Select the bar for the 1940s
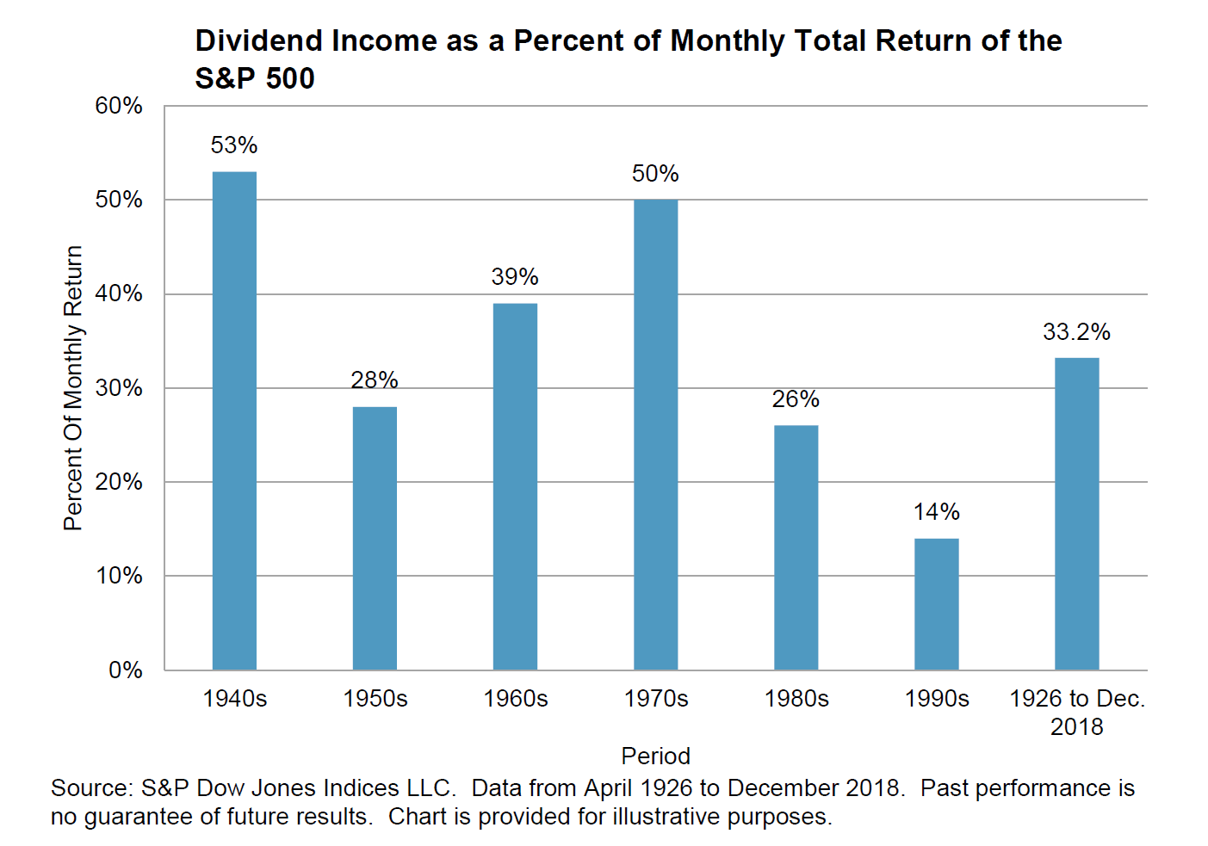point(234,421)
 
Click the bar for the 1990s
point(936,604)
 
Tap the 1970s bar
point(655,435)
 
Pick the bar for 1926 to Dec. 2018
point(1076,514)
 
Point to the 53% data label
point(234,145)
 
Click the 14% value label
point(936,512)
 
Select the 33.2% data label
point(1076,331)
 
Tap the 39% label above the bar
point(515,277)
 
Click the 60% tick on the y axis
point(119,106)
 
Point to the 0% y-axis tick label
point(125,670)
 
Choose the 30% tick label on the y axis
point(119,387)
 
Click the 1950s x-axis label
point(375,699)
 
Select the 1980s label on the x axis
point(796,699)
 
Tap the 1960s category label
point(515,699)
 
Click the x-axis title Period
point(655,756)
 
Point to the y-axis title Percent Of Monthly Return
point(73,388)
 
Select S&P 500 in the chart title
point(255,78)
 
